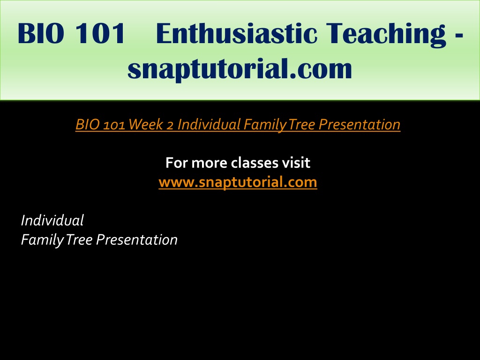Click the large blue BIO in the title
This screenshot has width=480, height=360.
coord(41,33)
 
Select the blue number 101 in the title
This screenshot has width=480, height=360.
coord(100,33)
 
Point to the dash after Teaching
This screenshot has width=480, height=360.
coord(459,36)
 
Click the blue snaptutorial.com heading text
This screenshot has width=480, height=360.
coord(240,69)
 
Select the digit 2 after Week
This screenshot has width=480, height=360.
coord(170,125)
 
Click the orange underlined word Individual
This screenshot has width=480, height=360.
coord(209,124)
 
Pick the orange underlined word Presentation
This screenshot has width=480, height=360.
coord(360,125)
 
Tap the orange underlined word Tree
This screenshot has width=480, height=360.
coord(301,124)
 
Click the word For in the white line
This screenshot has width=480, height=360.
coord(177,163)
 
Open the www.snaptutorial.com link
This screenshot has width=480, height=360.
coord(238,182)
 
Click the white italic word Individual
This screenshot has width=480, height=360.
coord(52,220)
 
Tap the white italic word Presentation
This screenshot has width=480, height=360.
coord(137,240)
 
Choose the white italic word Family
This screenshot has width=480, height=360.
coord(42,240)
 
